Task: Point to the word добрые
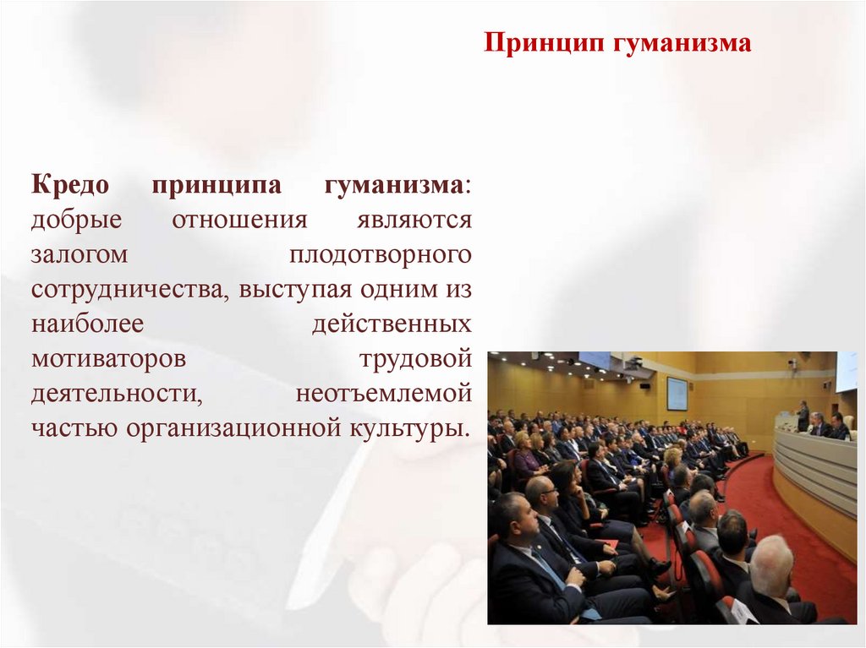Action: [x=77, y=220]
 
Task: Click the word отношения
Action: [x=239, y=220]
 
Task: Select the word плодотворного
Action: [x=380, y=254]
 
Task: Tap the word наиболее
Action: [x=88, y=324]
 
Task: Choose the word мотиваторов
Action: [x=108, y=358]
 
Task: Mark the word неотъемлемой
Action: [x=383, y=393]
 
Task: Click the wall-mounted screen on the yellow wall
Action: [x=677, y=393]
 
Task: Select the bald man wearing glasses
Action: [x=542, y=494]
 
